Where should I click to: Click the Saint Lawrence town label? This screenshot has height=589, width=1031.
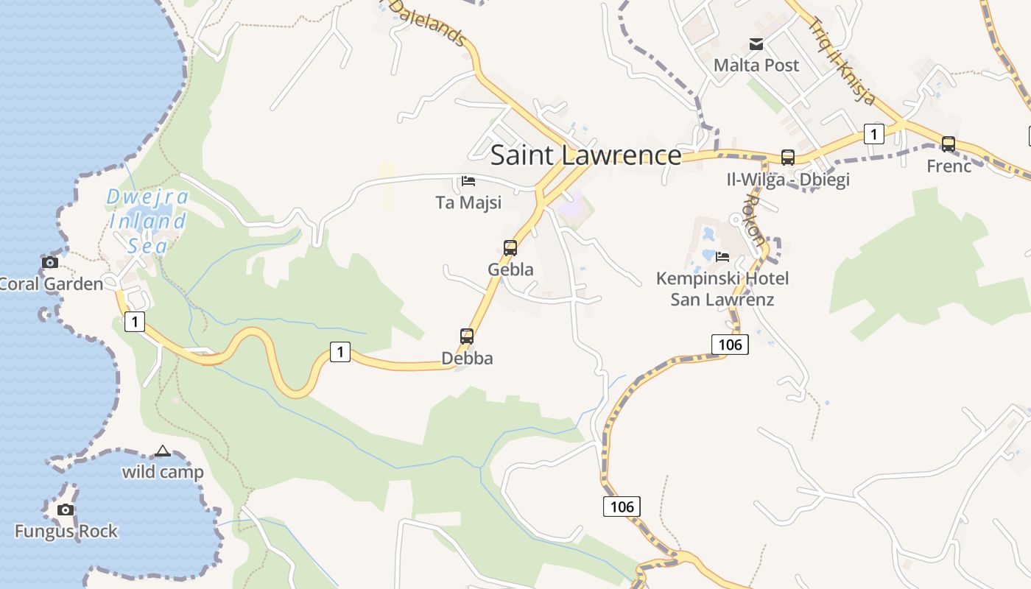pos(585,155)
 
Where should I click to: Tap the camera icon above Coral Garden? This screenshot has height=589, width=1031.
pos(50,262)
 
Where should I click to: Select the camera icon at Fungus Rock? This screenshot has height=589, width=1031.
pos(66,509)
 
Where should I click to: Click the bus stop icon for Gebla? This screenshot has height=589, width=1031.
pos(510,248)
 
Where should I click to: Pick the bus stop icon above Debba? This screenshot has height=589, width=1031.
pos(467,336)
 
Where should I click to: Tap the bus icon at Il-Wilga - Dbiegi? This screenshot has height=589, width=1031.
pos(788,157)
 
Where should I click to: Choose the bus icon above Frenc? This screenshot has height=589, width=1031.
pos(949,144)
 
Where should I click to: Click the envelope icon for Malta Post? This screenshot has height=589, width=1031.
pos(756,44)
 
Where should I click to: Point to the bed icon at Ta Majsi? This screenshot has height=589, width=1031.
pos(468,181)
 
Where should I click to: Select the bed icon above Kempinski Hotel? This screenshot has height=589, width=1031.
pos(722,257)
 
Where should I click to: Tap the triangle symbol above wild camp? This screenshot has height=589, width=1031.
pos(163,451)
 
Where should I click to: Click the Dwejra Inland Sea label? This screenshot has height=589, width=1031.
pos(147,221)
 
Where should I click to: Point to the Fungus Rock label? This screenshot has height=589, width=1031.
pos(66,531)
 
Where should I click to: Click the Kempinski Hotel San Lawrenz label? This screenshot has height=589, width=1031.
pos(722,289)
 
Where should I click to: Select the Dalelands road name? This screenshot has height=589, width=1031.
pos(428,21)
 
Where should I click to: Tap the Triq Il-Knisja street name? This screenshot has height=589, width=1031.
pos(842,59)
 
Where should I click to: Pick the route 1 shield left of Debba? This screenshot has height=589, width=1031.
pos(339,353)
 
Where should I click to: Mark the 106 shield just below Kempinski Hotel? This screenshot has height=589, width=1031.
pos(730,344)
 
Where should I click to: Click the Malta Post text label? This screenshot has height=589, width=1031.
pos(756,66)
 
